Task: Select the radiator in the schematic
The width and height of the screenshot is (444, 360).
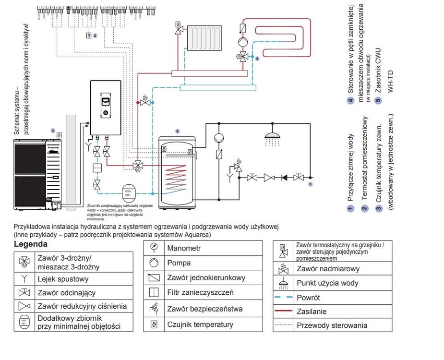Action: click(205, 38)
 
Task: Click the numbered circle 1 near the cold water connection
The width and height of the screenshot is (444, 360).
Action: click(310, 184)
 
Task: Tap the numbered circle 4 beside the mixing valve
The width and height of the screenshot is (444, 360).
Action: click(257, 59)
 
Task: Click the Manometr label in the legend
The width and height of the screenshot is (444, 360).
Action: click(184, 248)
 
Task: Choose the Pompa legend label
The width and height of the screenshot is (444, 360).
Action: click(179, 263)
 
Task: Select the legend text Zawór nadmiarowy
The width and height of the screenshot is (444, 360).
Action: click(328, 269)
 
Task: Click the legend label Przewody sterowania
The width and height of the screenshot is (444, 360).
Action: click(332, 325)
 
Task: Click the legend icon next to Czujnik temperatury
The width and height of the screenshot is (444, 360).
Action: click(154, 324)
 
